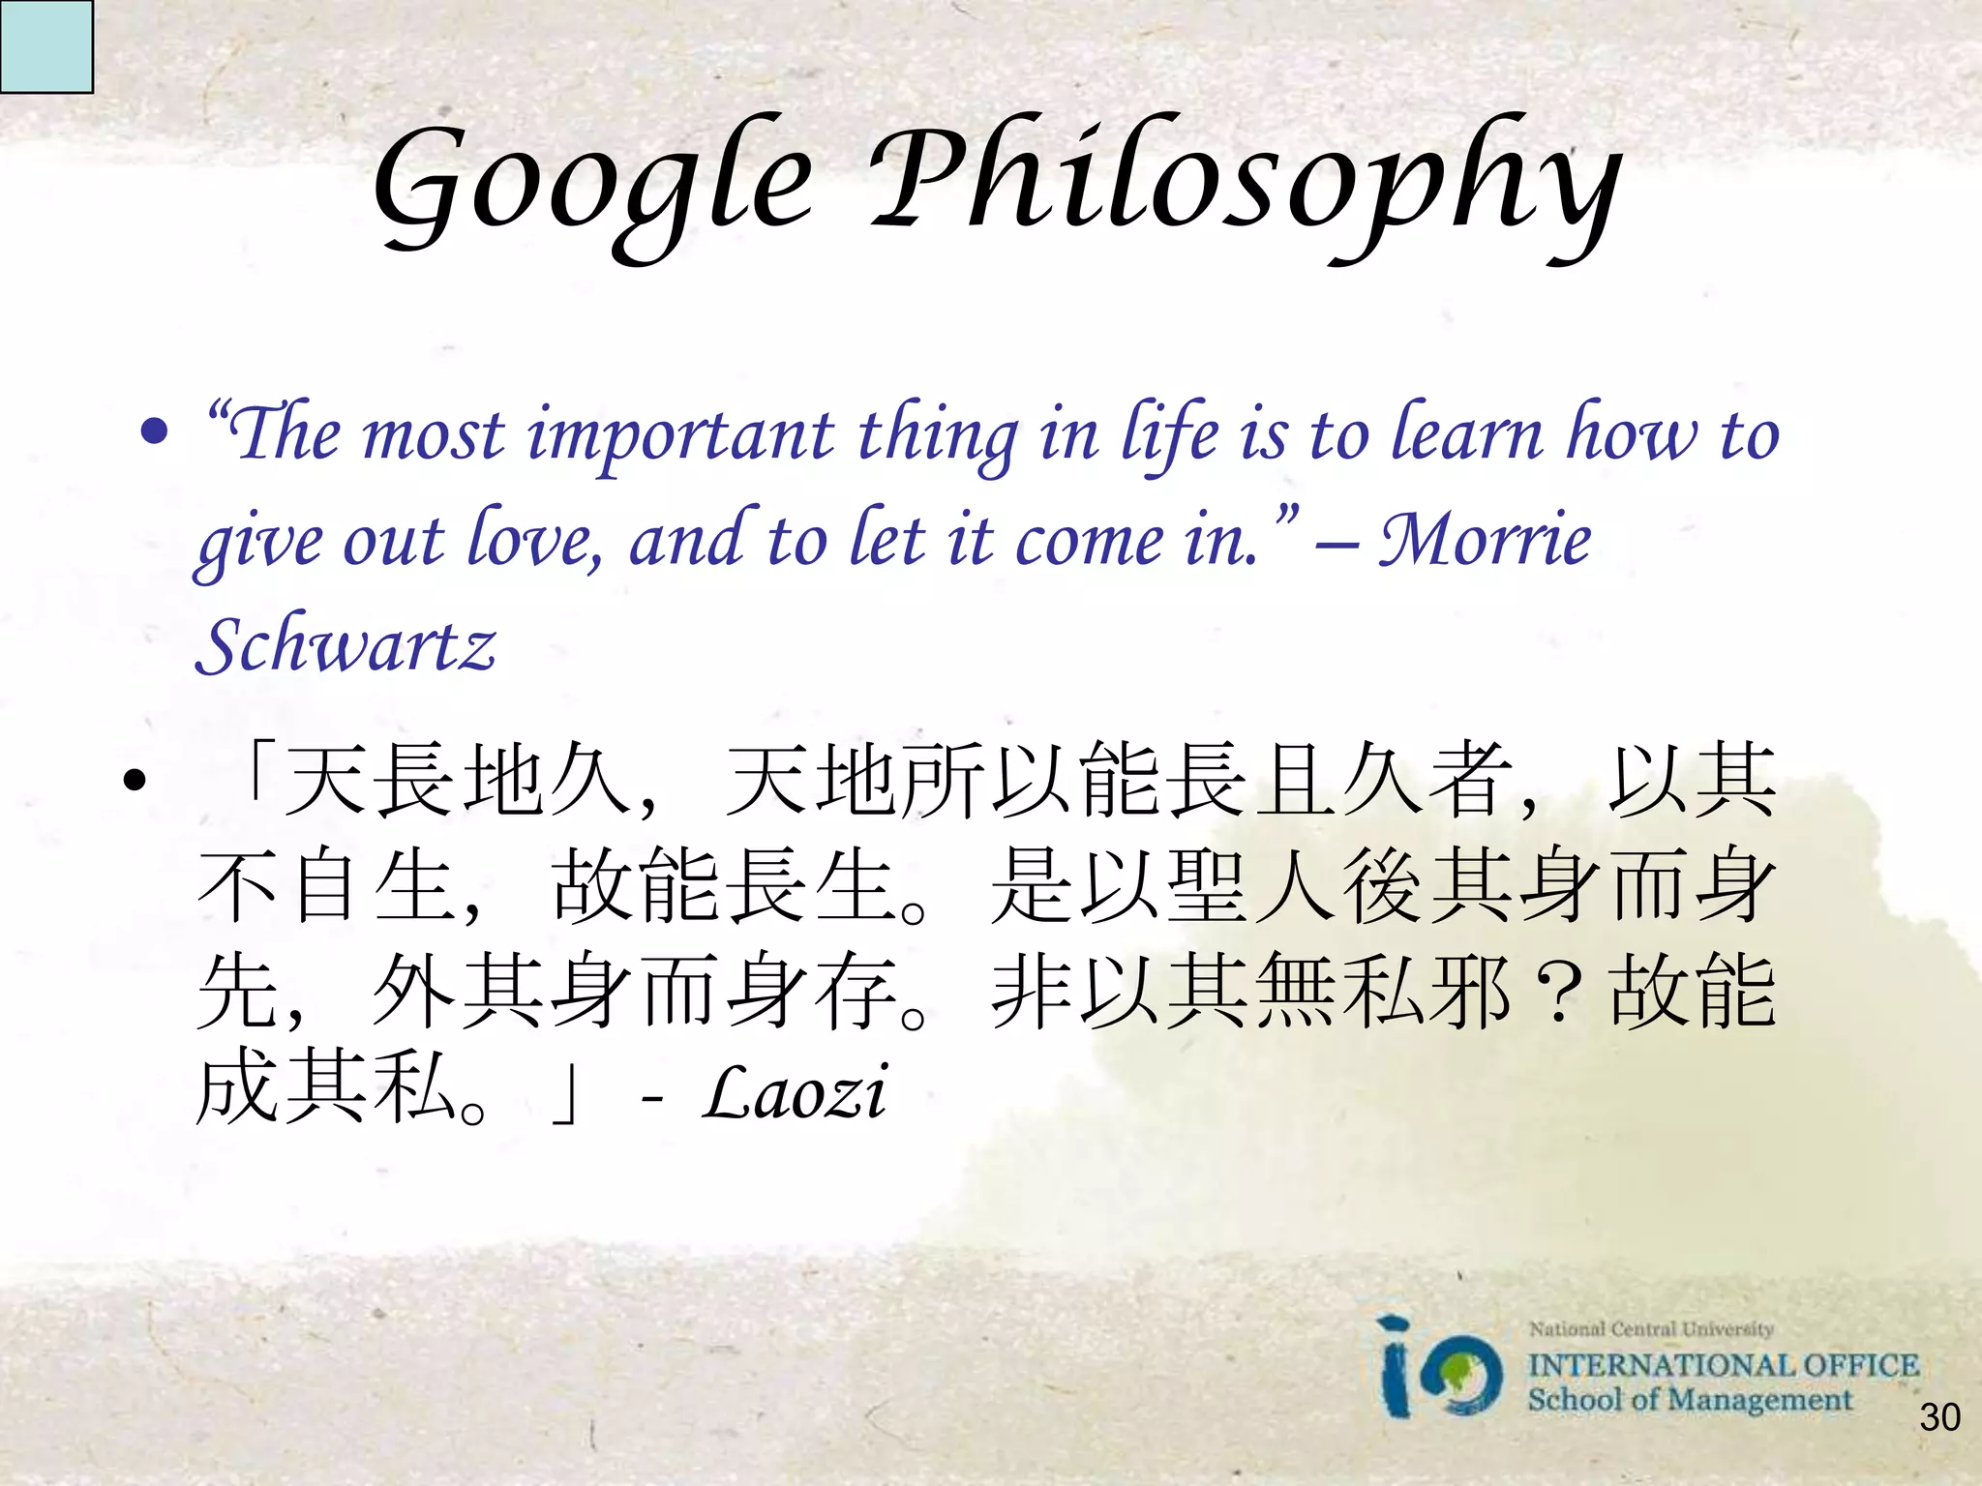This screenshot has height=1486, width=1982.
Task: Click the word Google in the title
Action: [592, 184]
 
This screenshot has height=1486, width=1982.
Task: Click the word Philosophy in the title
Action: [1244, 184]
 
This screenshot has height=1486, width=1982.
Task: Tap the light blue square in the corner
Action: [45, 45]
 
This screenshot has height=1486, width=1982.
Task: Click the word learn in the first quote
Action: [1465, 435]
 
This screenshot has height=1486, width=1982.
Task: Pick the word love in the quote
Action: [533, 540]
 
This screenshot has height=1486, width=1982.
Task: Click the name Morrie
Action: [1485, 540]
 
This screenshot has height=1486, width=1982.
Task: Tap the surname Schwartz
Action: [345, 646]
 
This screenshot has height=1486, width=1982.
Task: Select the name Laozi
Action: [794, 1094]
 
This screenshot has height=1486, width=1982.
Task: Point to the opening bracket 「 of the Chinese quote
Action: [255, 774]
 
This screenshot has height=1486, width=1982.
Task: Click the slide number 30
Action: [1939, 1418]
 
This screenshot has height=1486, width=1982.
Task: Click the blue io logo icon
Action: [1441, 1369]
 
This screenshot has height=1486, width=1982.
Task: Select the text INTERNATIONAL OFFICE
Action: [1723, 1365]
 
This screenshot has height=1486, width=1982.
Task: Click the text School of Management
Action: [1689, 1400]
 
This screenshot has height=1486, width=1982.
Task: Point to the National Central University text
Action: [1650, 1329]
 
